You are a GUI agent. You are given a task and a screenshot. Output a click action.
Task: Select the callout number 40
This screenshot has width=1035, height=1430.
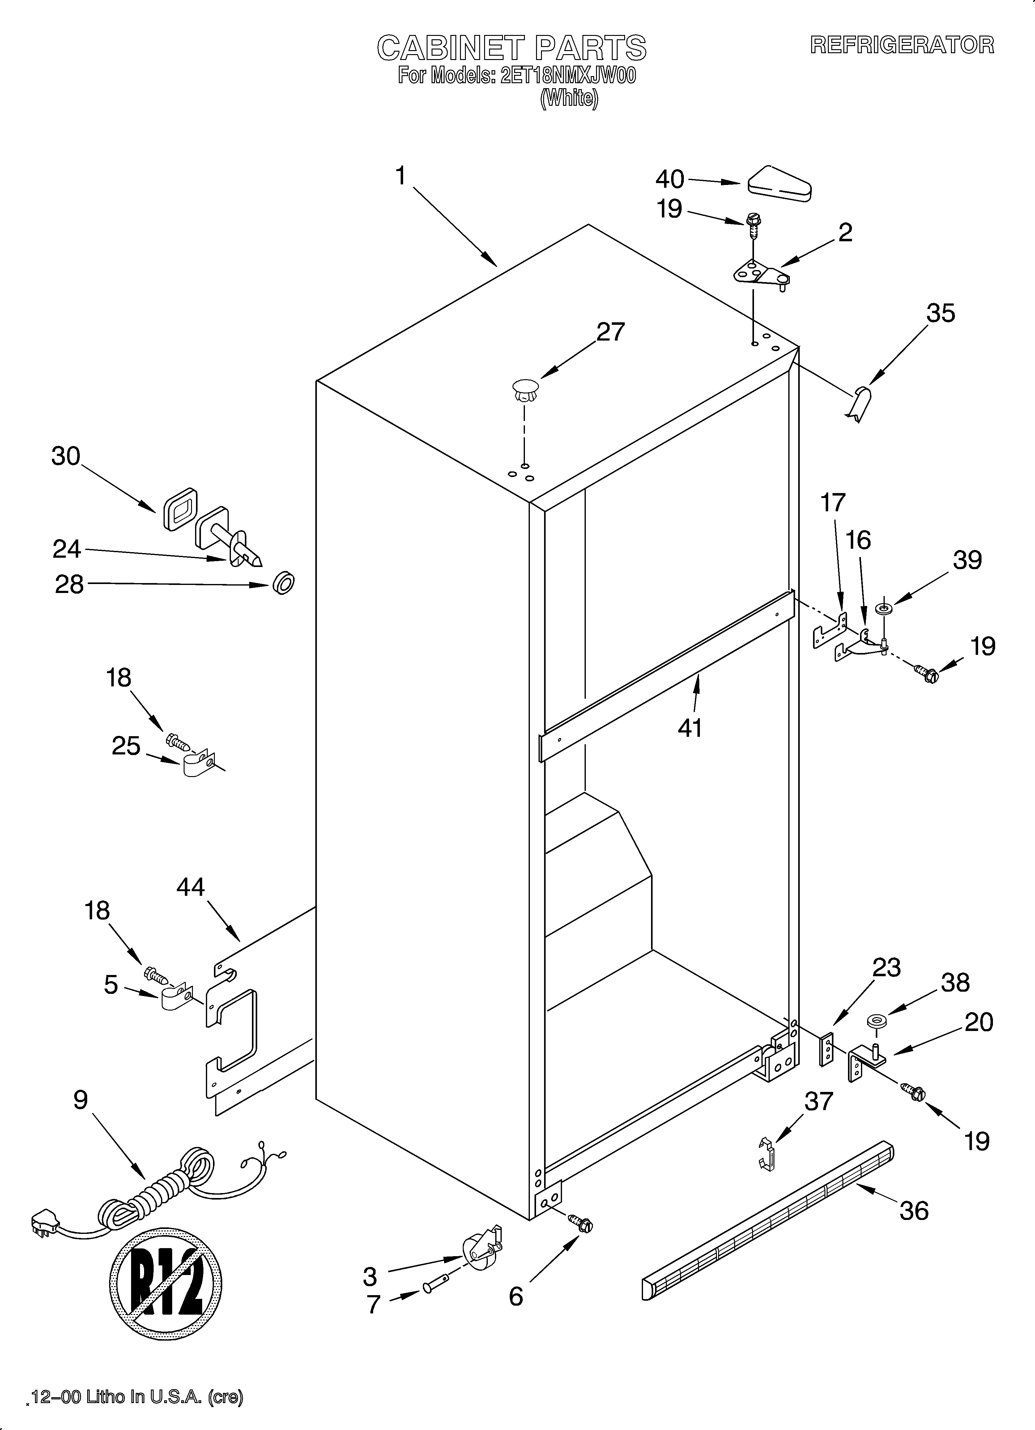click(x=669, y=180)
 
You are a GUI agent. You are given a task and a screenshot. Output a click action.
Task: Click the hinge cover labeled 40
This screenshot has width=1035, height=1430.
click(x=779, y=185)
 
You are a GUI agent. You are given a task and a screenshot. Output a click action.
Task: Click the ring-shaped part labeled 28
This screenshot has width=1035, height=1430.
click(x=284, y=583)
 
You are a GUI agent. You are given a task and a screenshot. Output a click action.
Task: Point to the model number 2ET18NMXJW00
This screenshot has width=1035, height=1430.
click(x=567, y=76)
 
